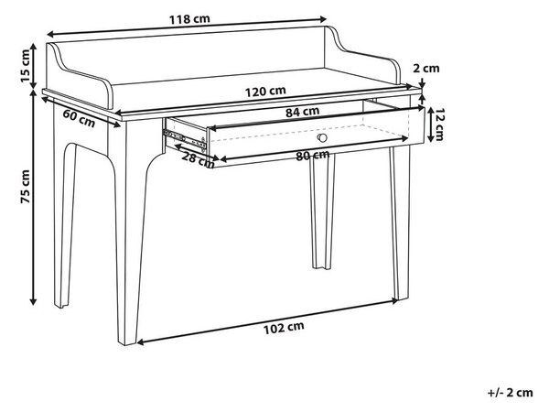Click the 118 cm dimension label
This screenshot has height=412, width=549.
point(189,19)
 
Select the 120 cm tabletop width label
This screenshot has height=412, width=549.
point(265,91)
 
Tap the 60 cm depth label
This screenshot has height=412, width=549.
point(79,118)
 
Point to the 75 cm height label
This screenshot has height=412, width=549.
point(26,187)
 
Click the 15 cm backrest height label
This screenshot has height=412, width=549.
point(26,66)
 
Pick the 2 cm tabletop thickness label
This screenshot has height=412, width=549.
point(426,68)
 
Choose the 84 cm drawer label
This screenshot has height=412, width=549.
point(302,112)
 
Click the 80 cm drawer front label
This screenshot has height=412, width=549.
point(313,156)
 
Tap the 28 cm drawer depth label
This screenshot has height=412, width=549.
point(198,159)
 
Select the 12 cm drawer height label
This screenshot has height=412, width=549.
point(437,124)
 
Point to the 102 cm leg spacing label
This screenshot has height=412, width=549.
point(284,328)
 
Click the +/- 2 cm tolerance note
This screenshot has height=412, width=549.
point(511,393)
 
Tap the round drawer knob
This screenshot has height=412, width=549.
point(322,137)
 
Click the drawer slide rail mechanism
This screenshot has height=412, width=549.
point(184,139)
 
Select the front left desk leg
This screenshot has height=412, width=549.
point(131,232)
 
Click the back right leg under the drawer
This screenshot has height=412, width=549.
point(322,211)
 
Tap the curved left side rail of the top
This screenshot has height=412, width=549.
point(80,76)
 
